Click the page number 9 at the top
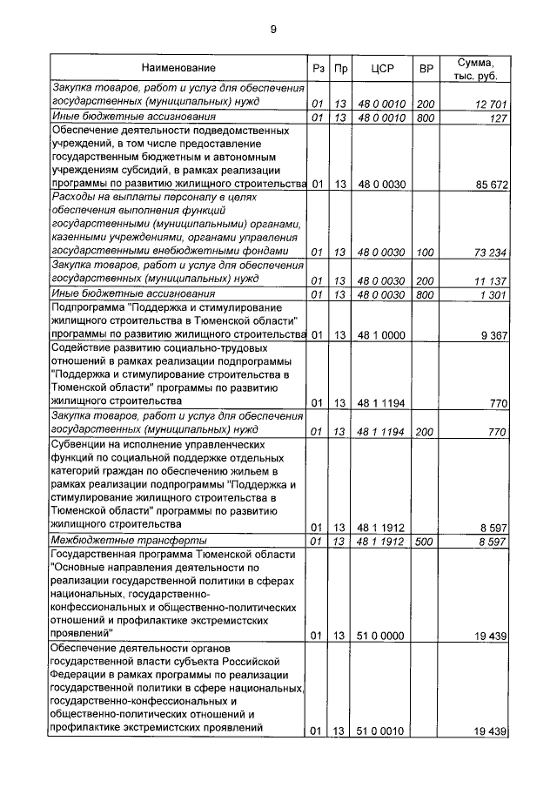coord(273,30)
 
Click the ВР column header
coord(426,68)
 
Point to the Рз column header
coord(318,68)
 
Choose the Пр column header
coord(341,68)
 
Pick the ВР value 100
coord(426,253)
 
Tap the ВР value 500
coord(426,542)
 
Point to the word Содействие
coord(82,348)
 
